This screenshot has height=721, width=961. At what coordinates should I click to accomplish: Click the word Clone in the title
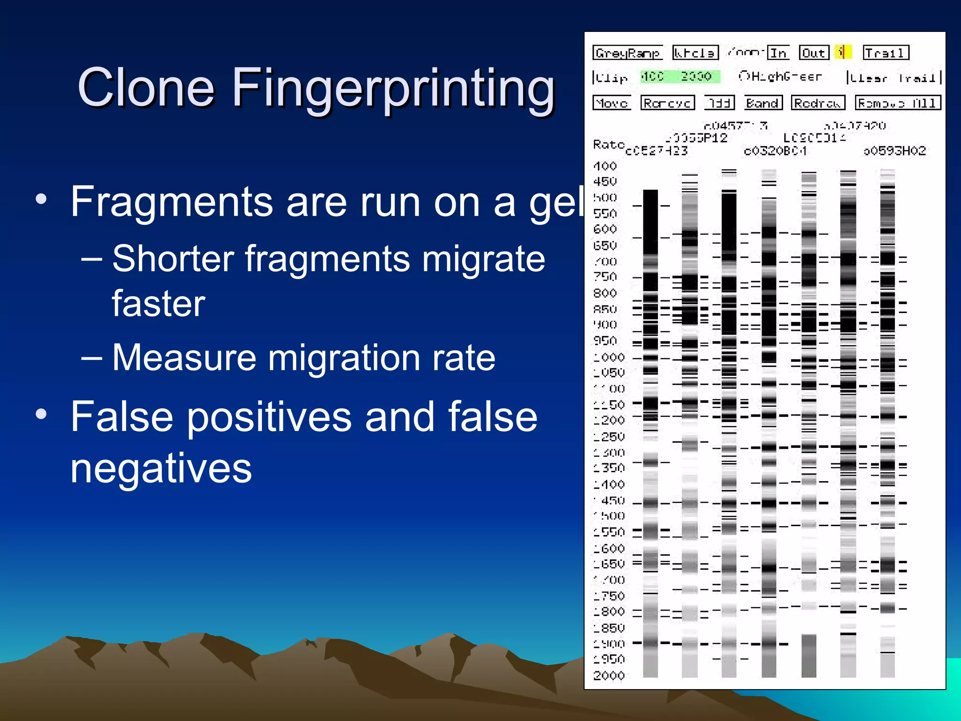pos(146,87)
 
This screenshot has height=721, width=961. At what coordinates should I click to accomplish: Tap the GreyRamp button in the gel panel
pos(627,53)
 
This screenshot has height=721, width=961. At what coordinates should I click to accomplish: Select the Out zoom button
pos(814,53)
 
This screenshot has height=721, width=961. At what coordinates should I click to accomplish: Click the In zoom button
pos(778,53)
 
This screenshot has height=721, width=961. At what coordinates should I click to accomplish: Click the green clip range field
pos(679,77)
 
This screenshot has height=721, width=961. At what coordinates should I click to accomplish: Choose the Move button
pos(611,103)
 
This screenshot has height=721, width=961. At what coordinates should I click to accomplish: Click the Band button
pos(763,103)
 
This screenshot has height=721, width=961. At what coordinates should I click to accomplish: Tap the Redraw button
pos(817,103)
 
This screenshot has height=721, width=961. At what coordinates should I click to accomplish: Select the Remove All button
pos(898,103)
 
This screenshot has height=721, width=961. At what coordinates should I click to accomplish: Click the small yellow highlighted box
pos(843,52)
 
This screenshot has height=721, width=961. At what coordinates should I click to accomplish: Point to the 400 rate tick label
pos(605,166)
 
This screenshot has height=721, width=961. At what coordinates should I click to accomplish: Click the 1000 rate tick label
pos(609,357)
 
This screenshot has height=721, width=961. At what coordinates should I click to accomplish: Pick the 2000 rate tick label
pos(609,675)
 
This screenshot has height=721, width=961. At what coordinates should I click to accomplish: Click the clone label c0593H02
pos(894,151)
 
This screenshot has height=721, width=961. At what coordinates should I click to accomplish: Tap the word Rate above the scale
pos(608,144)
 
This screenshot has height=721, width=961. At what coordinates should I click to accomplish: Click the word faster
pos(159,303)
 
